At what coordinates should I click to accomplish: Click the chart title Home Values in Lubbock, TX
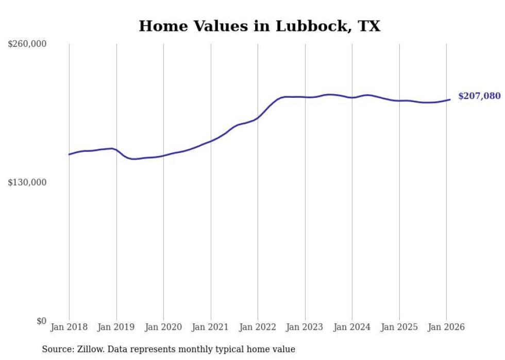coord(259,26)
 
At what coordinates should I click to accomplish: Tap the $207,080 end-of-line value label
coord(479,96)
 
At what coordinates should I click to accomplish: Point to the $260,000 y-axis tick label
coord(27,44)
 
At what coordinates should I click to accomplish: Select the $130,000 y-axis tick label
coord(27,183)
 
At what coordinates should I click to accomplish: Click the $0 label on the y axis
coord(41,321)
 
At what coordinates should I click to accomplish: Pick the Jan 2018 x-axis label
coord(69,328)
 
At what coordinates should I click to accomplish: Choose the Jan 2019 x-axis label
coord(116,328)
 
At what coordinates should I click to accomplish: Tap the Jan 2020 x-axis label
coord(163,328)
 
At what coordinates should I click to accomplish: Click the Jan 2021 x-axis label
coord(210,328)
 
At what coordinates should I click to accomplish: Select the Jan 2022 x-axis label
coord(258,328)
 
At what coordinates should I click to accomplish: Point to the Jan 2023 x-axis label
coord(305,328)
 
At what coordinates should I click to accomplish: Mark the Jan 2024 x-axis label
coord(352,328)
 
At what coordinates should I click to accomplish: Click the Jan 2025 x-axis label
coord(399,328)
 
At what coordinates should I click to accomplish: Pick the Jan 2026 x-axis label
coord(446,328)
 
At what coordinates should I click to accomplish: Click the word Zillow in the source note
coord(91,349)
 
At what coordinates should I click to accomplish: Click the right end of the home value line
coord(450,99)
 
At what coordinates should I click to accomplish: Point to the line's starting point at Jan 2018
coord(69,155)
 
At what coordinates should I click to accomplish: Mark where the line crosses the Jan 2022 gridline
coord(258,118)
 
